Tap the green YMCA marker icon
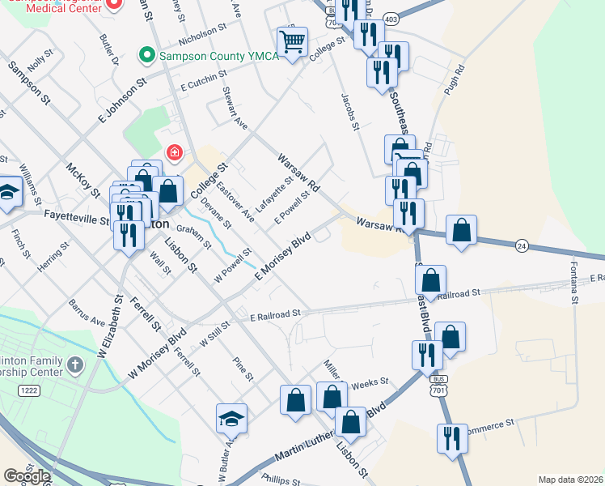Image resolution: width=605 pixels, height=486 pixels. coord(146,56)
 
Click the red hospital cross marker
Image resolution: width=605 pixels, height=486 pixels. coord(173,151)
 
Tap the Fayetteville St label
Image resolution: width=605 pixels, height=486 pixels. coord(76,216)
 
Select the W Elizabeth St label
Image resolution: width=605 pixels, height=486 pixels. coord(114,329)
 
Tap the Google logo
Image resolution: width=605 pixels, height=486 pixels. coord(26,476)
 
